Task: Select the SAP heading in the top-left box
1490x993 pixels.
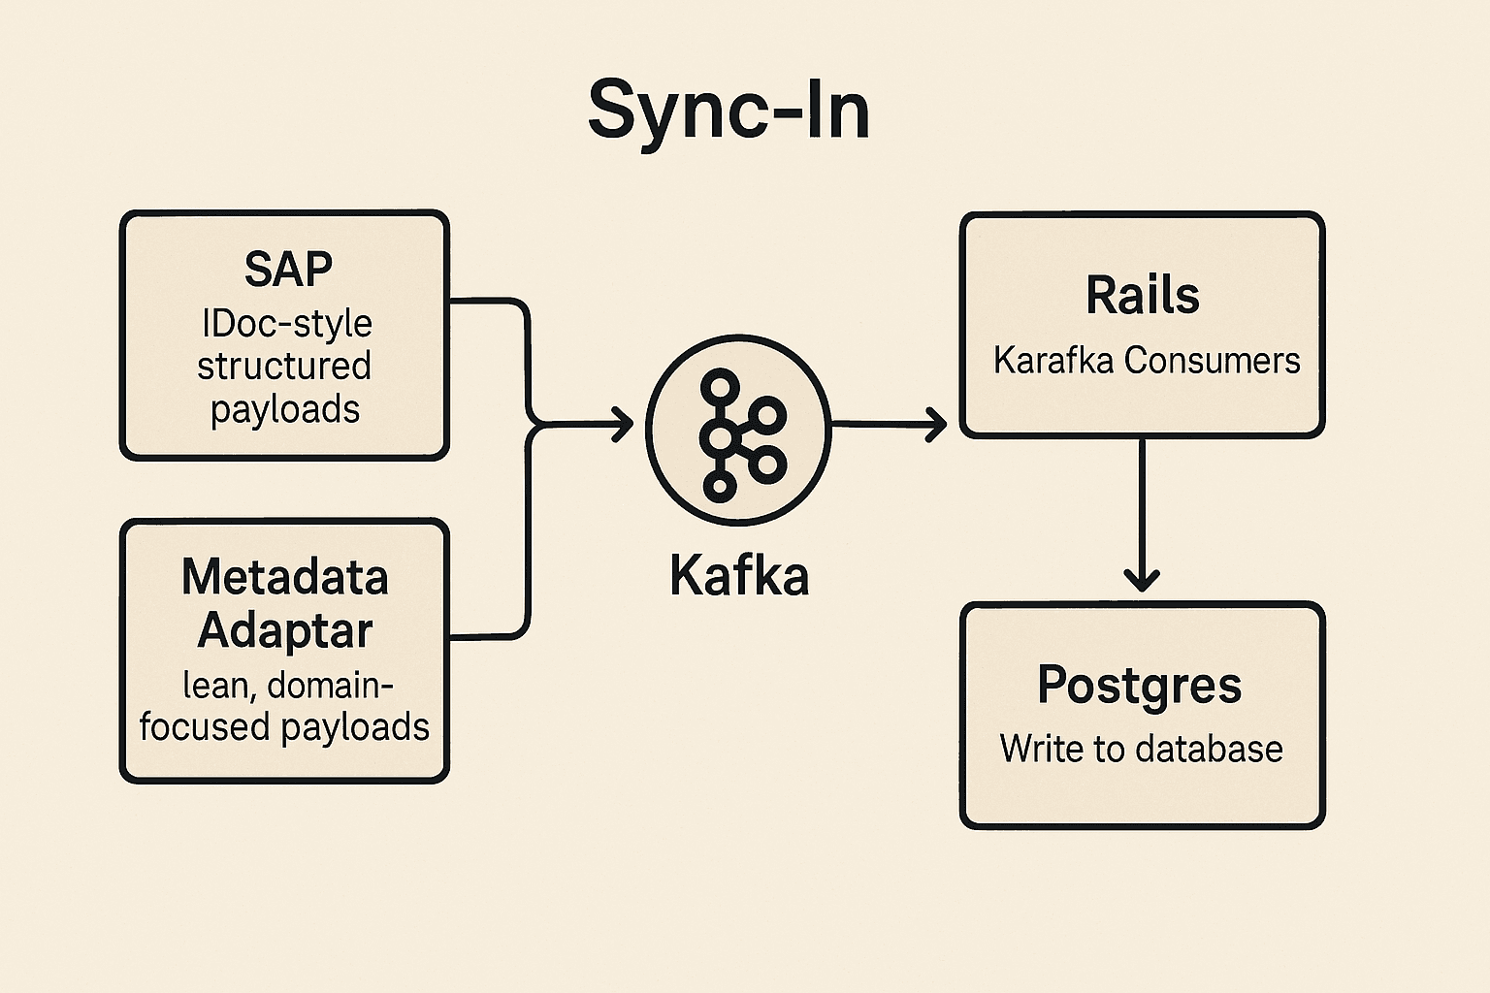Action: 288,269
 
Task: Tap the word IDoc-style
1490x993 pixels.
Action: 287,323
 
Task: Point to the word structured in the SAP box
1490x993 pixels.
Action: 284,366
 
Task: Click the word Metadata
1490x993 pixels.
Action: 285,577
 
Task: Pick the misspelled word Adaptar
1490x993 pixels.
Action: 285,630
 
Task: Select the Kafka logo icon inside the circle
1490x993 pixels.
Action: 739,433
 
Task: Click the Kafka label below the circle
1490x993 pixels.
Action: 739,576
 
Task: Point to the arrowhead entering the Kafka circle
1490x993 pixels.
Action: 624,424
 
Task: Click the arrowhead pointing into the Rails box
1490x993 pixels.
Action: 937,424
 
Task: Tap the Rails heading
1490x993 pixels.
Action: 1142,295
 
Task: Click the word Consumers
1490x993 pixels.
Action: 1212,361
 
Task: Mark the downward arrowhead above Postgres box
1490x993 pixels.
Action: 1142,580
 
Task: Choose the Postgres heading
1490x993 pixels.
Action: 1140,685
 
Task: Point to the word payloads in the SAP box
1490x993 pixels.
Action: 285,409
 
